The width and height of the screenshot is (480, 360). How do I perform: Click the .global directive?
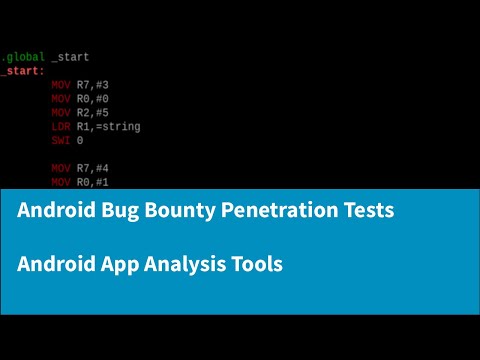22,57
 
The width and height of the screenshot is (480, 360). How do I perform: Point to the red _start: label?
22,71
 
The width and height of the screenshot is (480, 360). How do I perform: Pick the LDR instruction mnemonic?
60,127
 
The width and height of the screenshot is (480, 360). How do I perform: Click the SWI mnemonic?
60,141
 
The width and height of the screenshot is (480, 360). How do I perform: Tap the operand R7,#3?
92,85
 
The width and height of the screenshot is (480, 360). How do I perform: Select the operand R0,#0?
92,99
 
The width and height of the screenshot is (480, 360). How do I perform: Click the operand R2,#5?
92,113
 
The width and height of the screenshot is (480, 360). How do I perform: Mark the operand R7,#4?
92,169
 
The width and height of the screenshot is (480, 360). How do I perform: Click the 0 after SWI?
80,141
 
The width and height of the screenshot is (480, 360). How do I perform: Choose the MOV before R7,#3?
60,85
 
